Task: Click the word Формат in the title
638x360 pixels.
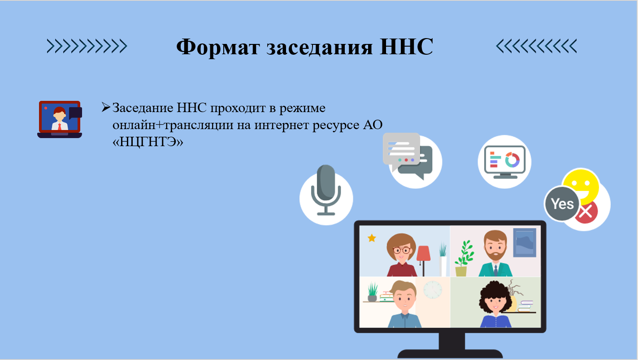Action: [x=217, y=47]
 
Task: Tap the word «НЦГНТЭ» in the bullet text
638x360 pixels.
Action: [x=148, y=142]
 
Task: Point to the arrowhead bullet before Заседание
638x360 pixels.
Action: [x=106, y=107]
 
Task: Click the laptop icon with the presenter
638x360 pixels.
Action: [x=60, y=119]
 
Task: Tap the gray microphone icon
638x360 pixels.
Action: [x=326, y=190]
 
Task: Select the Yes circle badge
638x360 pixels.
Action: [x=562, y=204]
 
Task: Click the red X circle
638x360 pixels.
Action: [x=586, y=212]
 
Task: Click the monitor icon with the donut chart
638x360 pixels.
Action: [x=505, y=162]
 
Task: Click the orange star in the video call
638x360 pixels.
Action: [x=372, y=238]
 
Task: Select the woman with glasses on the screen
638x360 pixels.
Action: [x=402, y=255]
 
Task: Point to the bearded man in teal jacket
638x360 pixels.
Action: [x=495, y=253]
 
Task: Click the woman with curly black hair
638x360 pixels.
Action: [x=495, y=304]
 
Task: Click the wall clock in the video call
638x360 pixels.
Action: [x=433, y=290]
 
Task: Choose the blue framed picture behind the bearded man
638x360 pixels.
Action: [x=525, y=243]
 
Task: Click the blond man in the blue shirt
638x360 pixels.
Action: [x=404, y=304]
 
